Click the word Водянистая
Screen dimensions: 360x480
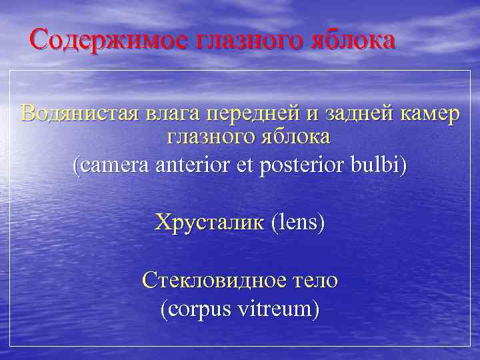click(x=75, y=113)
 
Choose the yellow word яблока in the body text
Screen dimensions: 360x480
click(x=290, y=138)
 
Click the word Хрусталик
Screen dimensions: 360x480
click(x=209, y=221)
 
